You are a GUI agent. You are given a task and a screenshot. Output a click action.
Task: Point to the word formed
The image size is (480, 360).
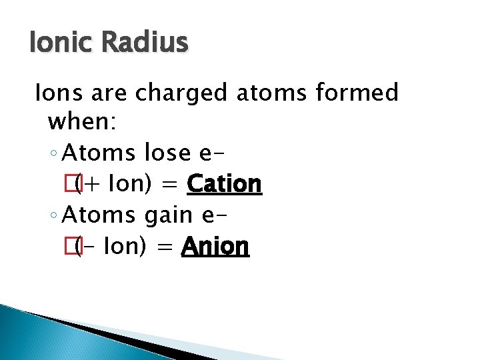[x=361, y=93]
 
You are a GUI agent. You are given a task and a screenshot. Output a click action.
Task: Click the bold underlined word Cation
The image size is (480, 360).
[x=225, y=184]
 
